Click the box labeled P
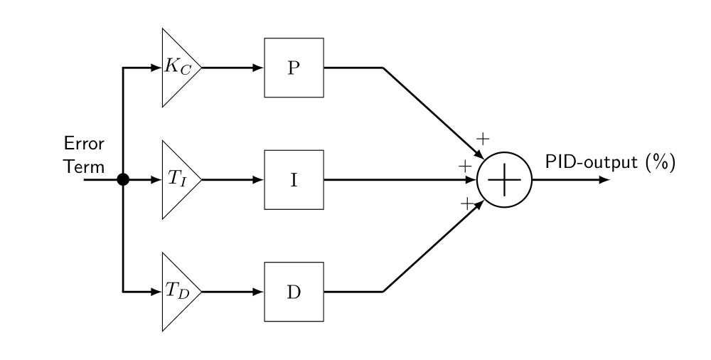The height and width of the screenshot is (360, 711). (294, 68)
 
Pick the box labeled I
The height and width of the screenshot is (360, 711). (294, 180)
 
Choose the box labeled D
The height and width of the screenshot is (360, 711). (294, 292)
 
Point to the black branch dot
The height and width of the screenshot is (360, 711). (123, 180)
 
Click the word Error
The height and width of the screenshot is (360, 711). (84, 144)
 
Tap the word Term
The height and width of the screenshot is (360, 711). (84, 166)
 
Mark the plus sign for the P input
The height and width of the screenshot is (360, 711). (483, 138)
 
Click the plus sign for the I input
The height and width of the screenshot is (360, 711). (465, 166)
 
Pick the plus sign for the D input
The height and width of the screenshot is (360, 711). (467, 203)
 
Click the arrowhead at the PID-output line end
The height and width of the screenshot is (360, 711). (604, 180)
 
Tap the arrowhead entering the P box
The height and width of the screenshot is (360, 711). (258, 68)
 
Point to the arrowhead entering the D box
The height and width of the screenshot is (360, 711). (258, 292)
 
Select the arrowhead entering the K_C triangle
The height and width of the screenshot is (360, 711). (156, 68)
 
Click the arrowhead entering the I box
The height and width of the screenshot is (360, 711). (258, 180)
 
